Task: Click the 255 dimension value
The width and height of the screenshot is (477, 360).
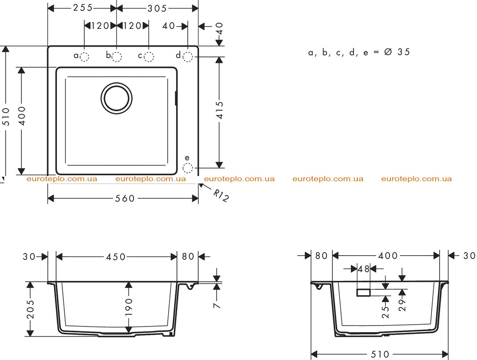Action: [x=83, y=7]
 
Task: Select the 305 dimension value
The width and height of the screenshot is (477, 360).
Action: [x=157, y=8]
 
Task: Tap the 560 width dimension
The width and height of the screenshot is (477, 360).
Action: [x=125, y=198]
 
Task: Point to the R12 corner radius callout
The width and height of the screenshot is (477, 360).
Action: [x=220, y=196]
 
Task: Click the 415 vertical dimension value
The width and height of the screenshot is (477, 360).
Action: [x=220, y=110]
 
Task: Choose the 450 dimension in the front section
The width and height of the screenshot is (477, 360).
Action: [x=116, y=257]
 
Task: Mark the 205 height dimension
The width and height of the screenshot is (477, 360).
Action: [x=30, y=310]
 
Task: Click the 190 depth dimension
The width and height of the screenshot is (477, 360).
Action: [x=129, y=307]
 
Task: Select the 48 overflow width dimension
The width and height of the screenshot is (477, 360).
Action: [x=363, y=269]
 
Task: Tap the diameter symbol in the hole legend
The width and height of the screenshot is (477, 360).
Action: [x=388, y=52]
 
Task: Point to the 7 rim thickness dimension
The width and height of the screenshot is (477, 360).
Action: [x=217, y=305]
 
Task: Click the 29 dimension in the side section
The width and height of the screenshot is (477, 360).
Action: [x=402, y=305]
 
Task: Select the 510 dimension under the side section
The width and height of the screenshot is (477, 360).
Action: [x=380, y=354]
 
